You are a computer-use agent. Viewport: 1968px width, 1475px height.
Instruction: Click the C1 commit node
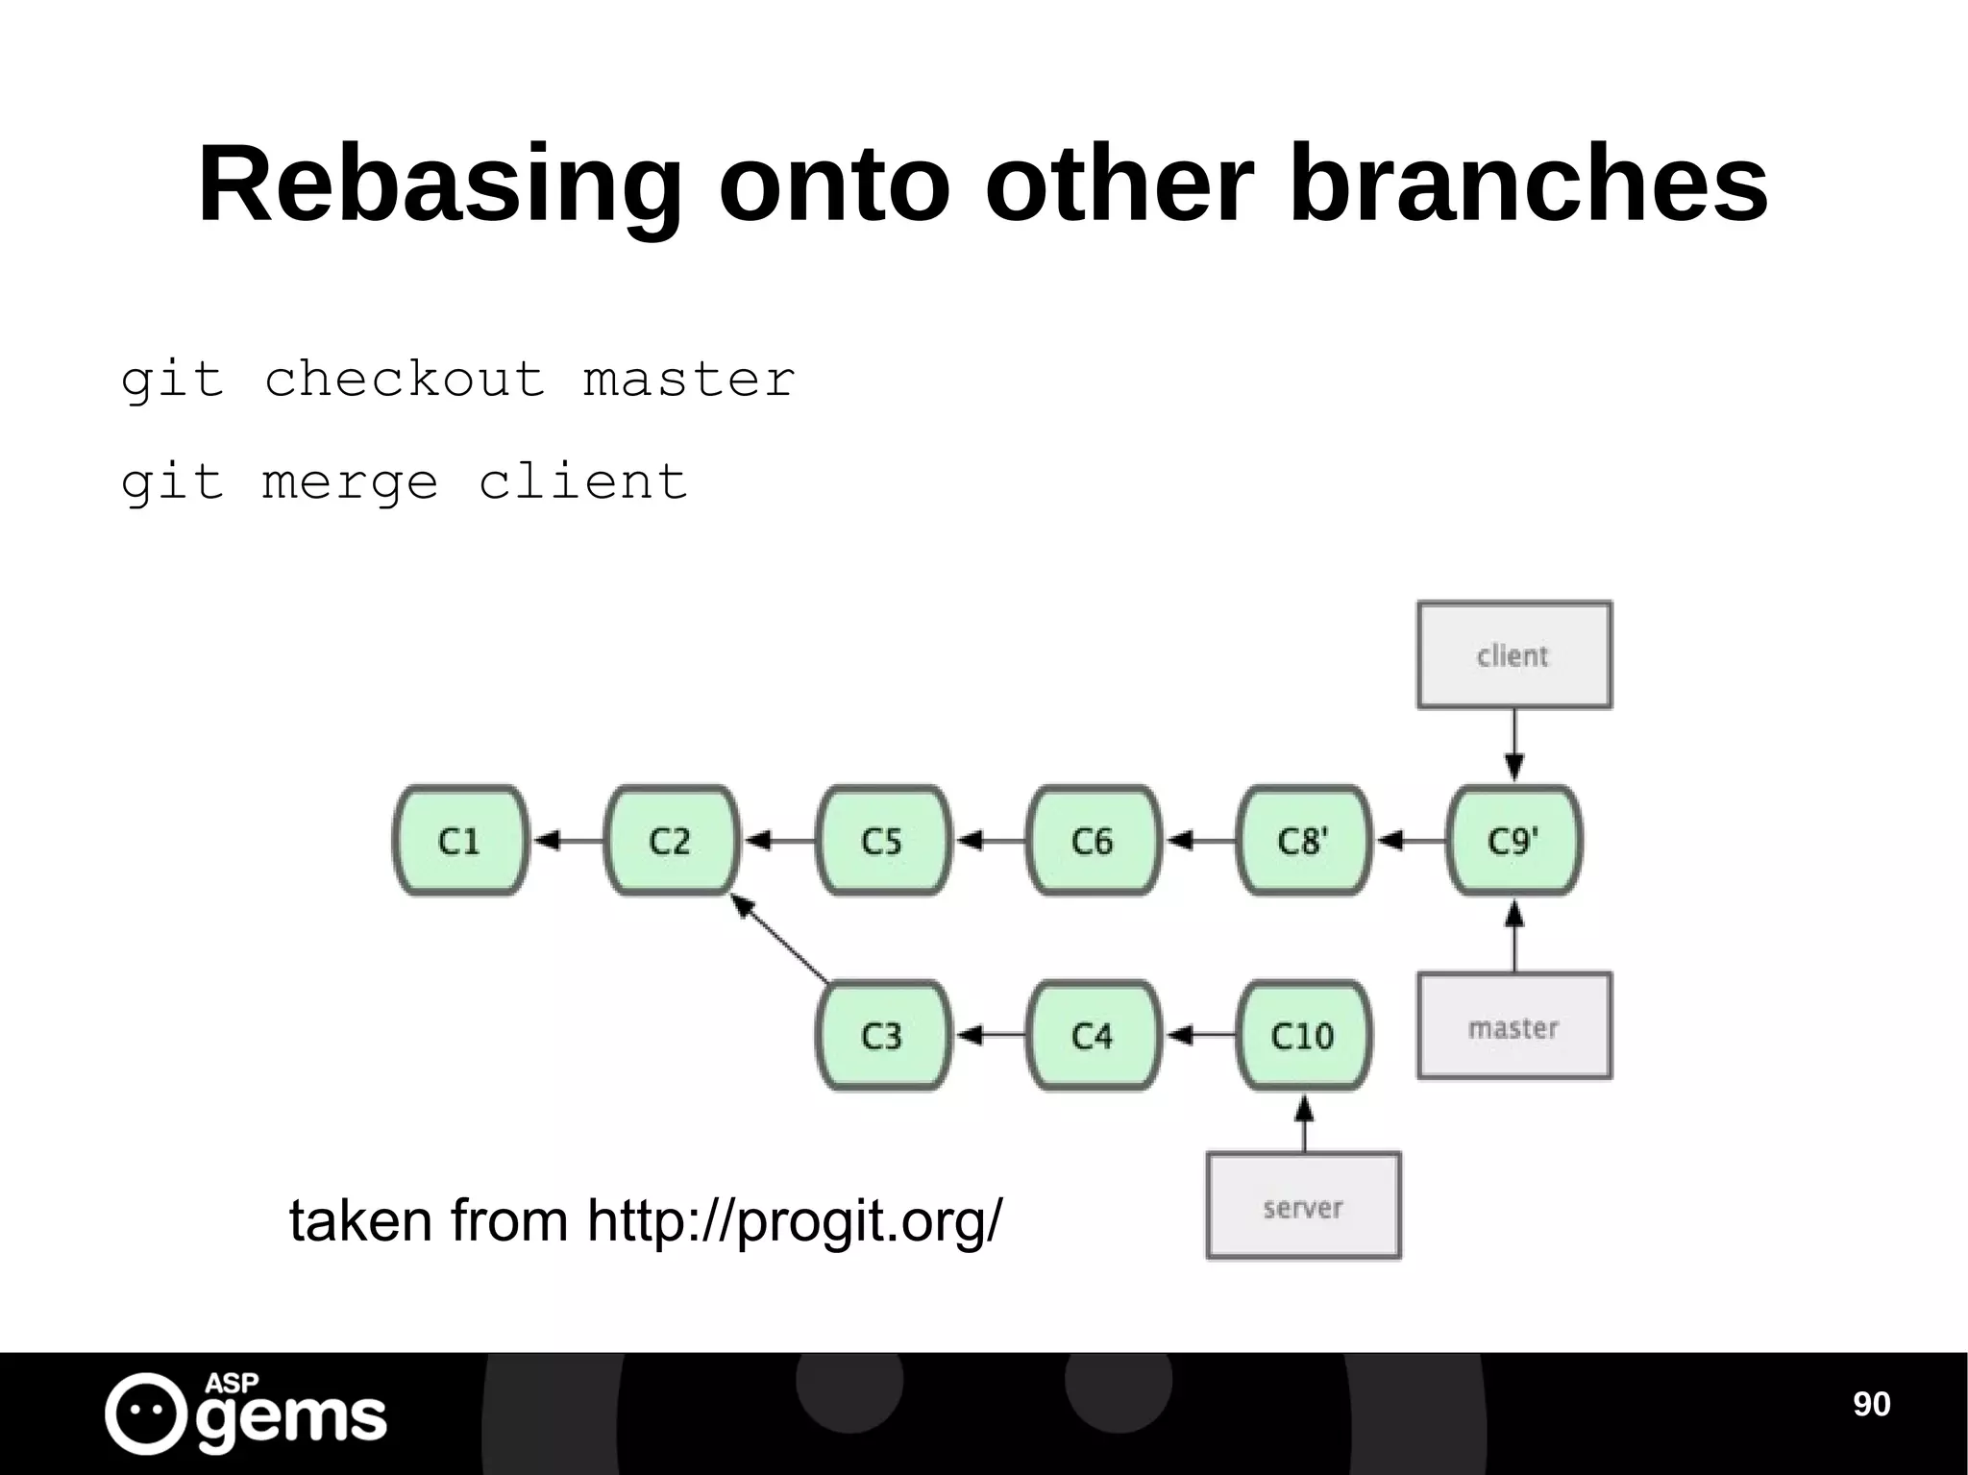pos(459,841)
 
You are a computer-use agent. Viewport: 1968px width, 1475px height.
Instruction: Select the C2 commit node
pos(671,841)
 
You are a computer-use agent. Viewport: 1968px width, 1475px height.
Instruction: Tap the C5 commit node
pos(882,841)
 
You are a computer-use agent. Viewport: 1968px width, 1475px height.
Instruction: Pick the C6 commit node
pos(1093,841)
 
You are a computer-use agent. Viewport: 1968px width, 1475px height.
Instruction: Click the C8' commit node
pos(1303,841)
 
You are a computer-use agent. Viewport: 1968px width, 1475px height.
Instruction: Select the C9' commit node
pos(1513,841)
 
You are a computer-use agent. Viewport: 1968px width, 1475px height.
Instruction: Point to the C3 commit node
pos(882,1035)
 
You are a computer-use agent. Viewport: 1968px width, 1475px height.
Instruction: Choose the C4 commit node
pos(1093,1035)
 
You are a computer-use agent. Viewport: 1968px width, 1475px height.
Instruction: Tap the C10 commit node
pos(1303,1035)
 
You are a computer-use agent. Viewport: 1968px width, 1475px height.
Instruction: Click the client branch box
pos(1513,655)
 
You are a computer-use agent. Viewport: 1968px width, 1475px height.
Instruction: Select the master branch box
pos(1513,1026)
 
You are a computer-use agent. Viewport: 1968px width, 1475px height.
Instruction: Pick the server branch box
pos(1303,1206)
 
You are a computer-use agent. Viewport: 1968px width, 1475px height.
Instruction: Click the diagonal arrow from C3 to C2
pos(780,939)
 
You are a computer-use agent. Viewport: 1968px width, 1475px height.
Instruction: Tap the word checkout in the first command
pos(405,379)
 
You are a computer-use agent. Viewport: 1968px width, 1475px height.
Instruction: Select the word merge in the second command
pos(350,481)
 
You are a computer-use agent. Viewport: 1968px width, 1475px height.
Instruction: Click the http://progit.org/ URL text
pos(794,1221)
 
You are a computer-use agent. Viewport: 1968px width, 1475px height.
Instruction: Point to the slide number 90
pos(1871,1404)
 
